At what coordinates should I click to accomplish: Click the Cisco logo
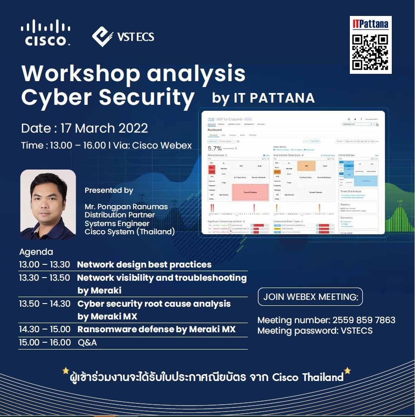[x=45, y=32]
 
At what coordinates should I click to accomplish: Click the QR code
[x=370, y=51]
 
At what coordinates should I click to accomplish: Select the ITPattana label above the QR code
[x=370, y=24]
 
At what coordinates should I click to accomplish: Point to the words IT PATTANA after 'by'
[x=274, y=98]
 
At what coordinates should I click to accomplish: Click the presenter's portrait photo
[x=48, y=205]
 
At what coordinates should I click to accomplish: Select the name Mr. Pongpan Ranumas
[x=126, y=206]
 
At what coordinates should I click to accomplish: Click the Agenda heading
[x=36, y=252]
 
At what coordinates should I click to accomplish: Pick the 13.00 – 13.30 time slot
[x=45, y=264]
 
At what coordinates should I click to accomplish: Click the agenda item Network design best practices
[x=144, y=264]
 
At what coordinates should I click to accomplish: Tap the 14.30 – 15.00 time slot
[x=45, y=329]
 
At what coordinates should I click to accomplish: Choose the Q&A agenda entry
[x=87, y=342]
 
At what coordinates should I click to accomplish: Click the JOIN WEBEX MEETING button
[x=310, y=297]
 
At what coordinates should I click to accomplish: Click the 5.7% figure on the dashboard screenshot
[x=215, y=148]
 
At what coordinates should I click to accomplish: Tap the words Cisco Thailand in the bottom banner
[x=307, y=377]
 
